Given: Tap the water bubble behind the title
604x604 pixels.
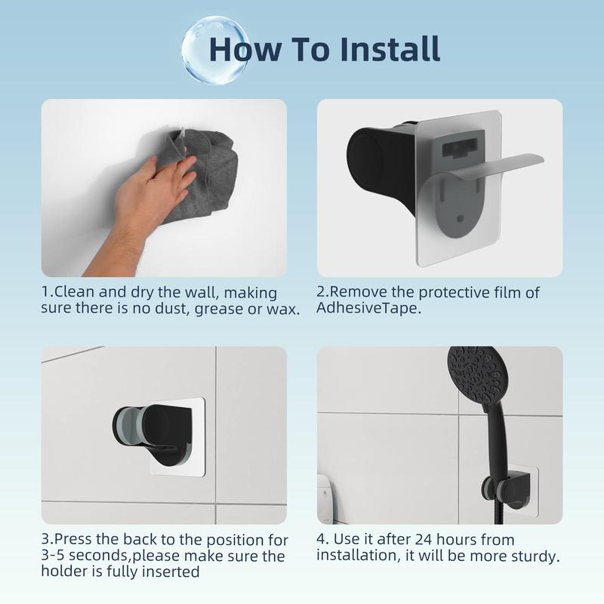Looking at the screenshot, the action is pyautogui.click(x=214, y=50).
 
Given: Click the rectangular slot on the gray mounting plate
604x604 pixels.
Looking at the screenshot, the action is pyautogui.click(x=460, y=148).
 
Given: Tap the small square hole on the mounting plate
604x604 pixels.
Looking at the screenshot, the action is pyautogui.click(x=460, y=219).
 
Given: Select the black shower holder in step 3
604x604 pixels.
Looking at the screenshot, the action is pyautogui.click(x=154, y=433).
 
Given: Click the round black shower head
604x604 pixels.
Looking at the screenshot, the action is pyautogui.click(x=478, y=375).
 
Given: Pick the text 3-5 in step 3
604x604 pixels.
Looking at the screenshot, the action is pyautogui.click(x=53, y=556).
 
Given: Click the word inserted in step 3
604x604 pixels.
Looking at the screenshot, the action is pyautogui.click(x=171, y=572).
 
